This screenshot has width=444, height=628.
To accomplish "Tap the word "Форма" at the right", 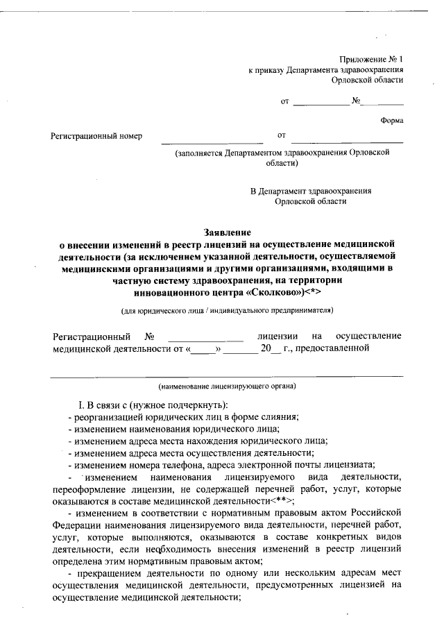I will point(392,119).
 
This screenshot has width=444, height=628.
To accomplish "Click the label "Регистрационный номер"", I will point(96,136).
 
